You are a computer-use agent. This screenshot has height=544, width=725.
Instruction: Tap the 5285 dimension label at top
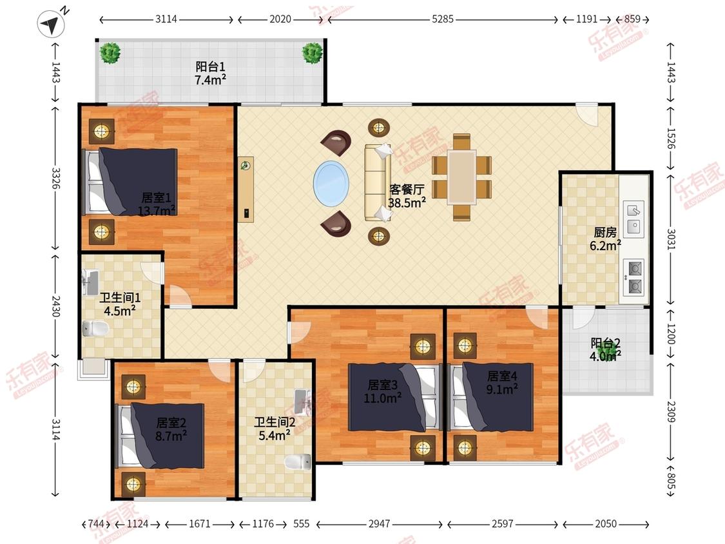443,19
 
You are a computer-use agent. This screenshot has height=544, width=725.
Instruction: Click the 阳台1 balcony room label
210,66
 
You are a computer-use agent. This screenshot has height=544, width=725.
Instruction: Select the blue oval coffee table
331,183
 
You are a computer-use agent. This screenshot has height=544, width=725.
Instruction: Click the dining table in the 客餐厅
461,177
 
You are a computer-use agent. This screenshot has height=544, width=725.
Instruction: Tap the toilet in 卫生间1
96,329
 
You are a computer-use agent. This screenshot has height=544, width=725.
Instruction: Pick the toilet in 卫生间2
298,461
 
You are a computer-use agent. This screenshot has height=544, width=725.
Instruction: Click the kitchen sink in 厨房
633,219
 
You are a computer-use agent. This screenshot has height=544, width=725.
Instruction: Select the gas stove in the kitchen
634,278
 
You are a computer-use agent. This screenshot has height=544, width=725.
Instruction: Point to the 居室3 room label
382,385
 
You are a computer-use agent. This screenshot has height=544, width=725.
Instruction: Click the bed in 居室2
161,436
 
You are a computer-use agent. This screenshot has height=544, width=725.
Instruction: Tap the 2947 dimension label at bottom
379,523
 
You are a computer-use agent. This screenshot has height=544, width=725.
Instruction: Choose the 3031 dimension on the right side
672,239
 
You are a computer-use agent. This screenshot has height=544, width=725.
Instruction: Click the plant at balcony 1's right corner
313,53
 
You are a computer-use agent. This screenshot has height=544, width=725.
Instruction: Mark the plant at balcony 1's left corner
110,53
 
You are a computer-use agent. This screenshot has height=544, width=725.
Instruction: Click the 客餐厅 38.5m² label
407,196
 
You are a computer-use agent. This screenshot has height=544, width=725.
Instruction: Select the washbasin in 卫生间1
90,283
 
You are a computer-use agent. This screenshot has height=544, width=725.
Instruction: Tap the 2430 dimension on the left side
55,306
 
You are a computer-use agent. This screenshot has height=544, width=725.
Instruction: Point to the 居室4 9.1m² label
502,383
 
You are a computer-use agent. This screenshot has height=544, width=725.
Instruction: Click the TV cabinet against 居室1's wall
246,189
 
